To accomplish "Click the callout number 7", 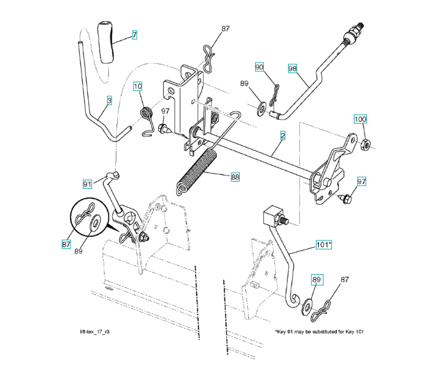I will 134,36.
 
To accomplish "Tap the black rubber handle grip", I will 106,40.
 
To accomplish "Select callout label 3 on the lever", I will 109,99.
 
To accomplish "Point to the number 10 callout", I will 137,86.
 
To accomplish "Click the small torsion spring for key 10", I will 146,114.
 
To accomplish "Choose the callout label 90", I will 259,66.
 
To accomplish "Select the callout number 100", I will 360,118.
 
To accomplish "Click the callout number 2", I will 282,134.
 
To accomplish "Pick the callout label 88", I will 235,177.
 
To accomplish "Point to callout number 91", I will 87,183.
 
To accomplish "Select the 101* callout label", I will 323,245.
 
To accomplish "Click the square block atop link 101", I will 271,216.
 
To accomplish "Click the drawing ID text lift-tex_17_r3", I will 91,332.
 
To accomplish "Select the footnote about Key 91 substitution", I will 320,332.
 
